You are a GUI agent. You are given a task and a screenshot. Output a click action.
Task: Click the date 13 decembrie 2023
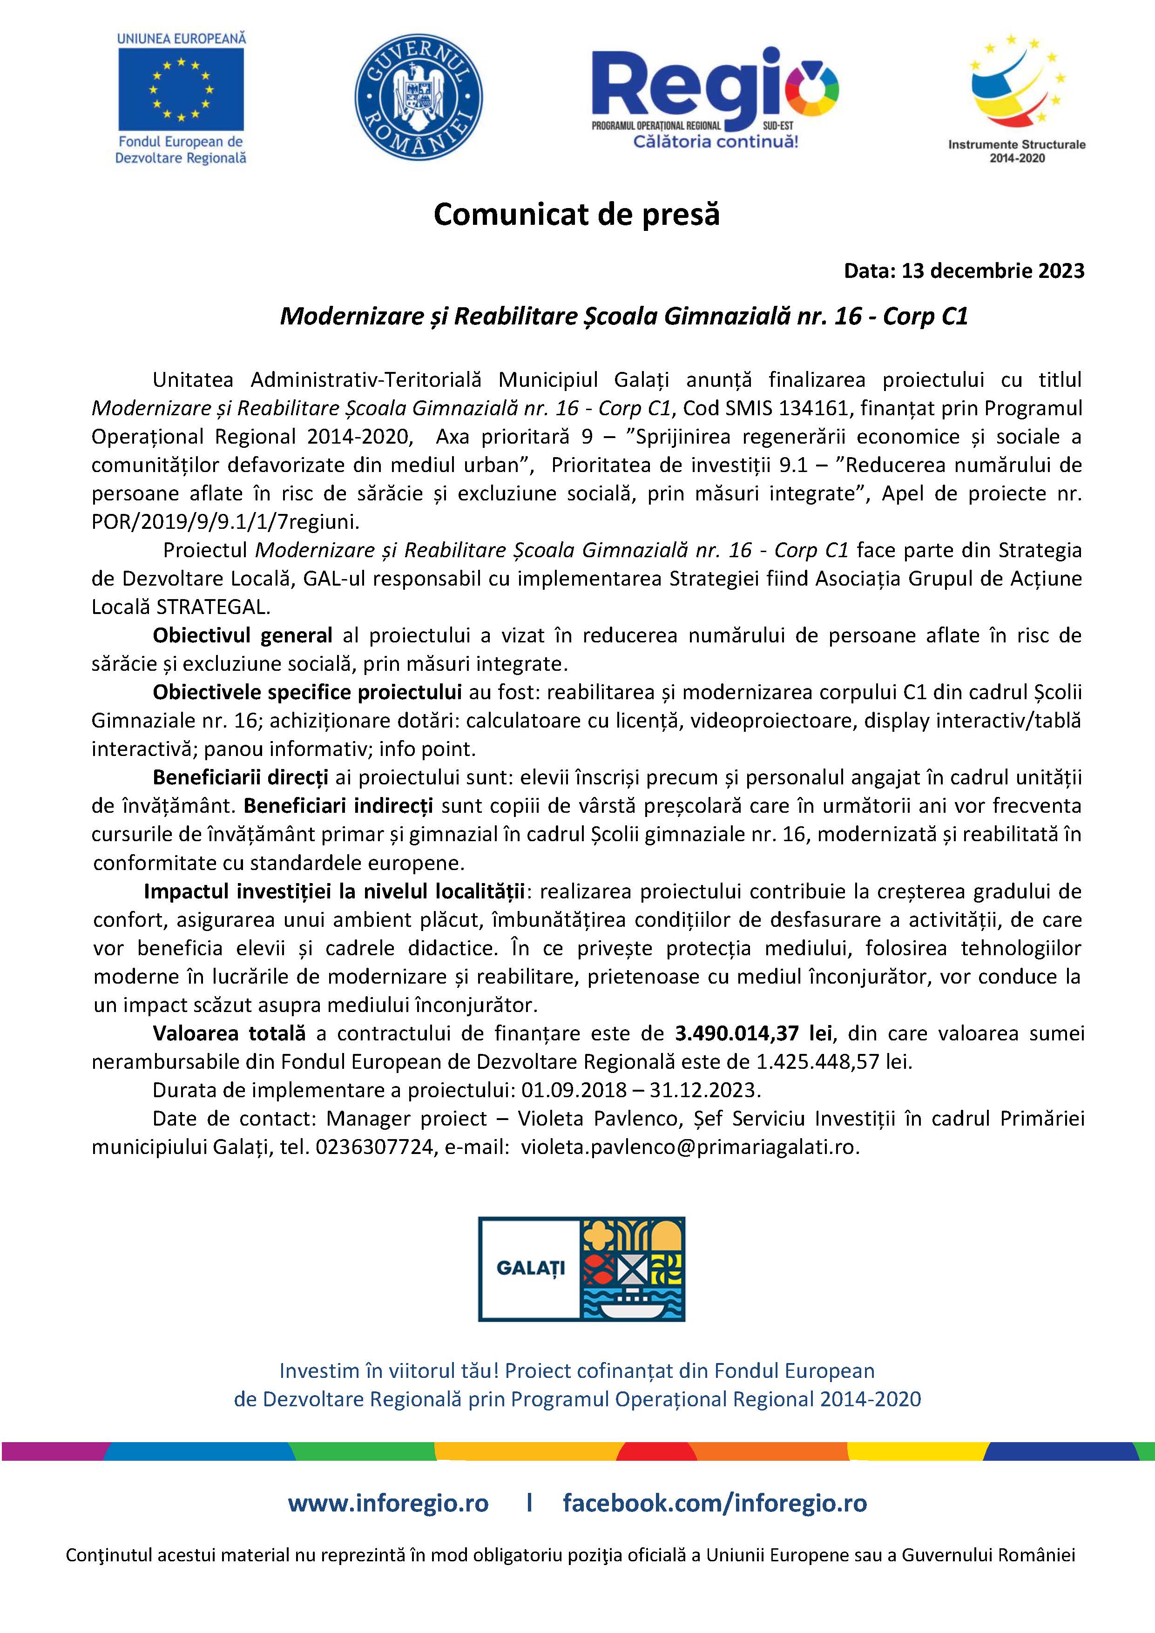click(993, 271)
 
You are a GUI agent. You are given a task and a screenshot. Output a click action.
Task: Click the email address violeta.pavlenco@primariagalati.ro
click(690, 1147)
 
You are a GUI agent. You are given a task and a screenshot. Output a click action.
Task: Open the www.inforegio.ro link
click(388, 1503)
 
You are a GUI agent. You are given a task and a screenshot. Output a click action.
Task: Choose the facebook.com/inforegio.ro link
click(715, 1503)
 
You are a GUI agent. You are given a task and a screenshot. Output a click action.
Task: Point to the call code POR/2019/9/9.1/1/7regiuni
click(225, 522)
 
